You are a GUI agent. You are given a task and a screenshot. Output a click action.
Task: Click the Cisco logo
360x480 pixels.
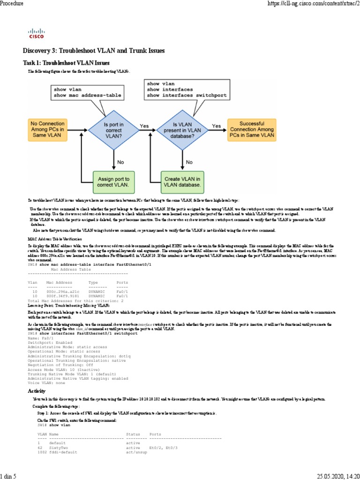pyautogui.click(x=37, y=32)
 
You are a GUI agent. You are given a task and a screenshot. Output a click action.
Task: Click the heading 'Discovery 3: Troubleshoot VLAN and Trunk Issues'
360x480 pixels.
pyautogui.click(x=94, y=51)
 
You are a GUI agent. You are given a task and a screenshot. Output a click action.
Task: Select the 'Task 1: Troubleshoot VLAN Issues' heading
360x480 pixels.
pyautogui.click(x=66, y=62)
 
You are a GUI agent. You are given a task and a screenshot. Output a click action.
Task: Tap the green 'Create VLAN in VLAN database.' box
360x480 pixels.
pyautogui.click(x=183, y=182)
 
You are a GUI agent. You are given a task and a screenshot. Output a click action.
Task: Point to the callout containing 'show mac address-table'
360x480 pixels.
pyautogui.click(x=88, y=92)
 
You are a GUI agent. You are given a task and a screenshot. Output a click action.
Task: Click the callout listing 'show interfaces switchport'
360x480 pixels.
pyautogui.click(x=188, y=90)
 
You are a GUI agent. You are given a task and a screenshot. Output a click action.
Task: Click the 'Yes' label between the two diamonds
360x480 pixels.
pyautogui.click(x=145, y=126)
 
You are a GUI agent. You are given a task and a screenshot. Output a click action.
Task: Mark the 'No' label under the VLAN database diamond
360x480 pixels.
pyautogui.click(x=189, y=162)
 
